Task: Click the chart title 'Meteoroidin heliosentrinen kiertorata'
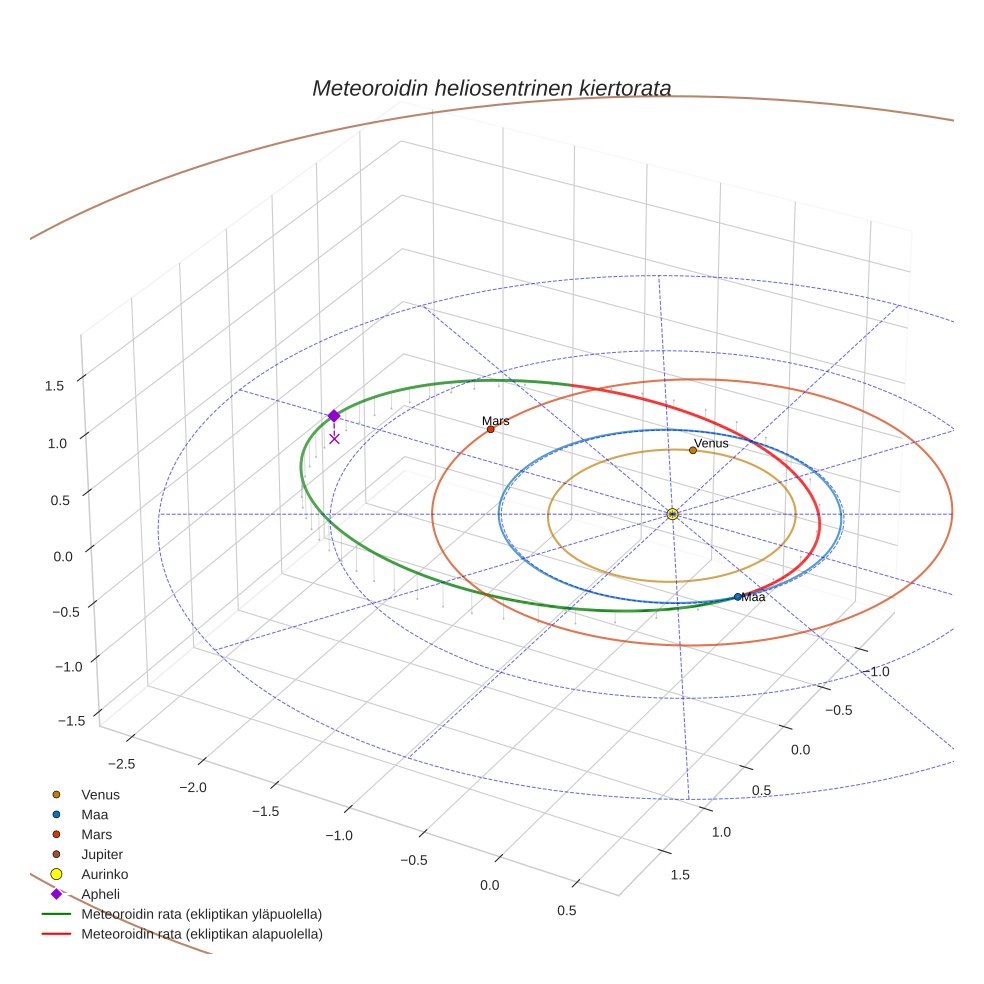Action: pos(491,88)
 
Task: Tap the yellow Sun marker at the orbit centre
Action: pos(672,514)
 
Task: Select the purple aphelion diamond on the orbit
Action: pos(334,415)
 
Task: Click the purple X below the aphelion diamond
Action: pos(334,438)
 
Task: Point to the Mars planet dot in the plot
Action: pos(490,429)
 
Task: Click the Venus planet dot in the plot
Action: pos(692,450)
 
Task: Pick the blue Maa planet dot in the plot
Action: pos(738,597)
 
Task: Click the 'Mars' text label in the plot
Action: pos(496,421)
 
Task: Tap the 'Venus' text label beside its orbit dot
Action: pos(711,443)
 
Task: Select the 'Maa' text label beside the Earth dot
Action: pos(754,597)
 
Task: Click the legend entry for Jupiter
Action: pos(102,854)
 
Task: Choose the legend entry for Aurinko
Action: pos(105,874)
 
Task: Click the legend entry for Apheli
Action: pos(100,894)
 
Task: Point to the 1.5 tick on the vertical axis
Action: pos(56,385)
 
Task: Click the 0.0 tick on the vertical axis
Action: pos(62,556)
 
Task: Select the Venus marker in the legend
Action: pos(57,794)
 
